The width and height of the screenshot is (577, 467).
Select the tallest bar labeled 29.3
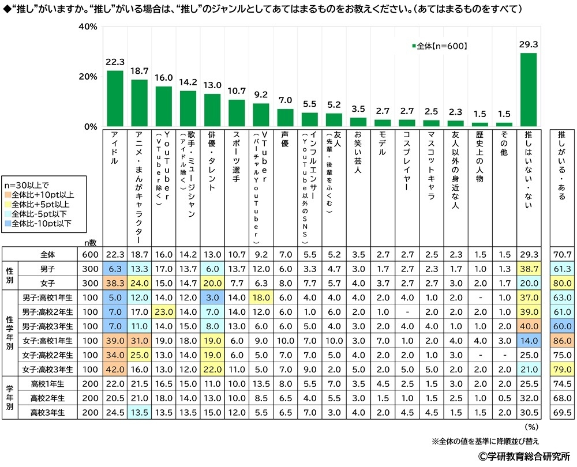(529, 90)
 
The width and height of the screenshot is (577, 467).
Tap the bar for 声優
(286, 118)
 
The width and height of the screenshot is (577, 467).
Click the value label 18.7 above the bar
(140, 71)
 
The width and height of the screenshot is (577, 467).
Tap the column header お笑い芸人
(358, 155)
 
